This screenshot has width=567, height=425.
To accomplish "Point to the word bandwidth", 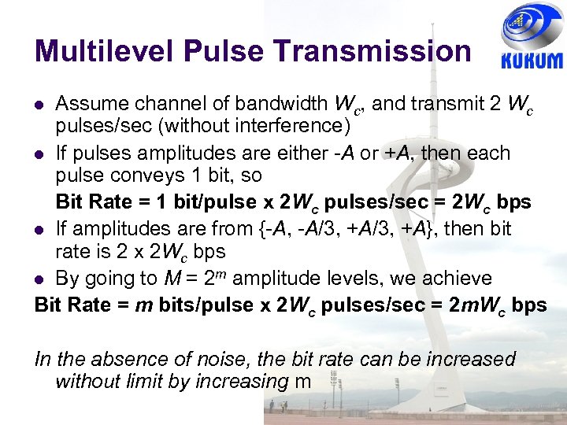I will pyautogui.click(x=280, y=103).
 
